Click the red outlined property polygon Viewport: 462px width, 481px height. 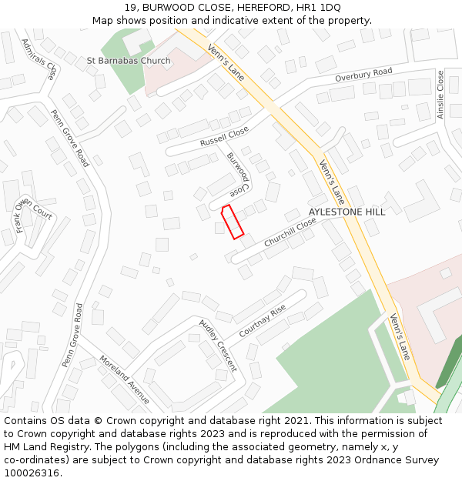point(233,222)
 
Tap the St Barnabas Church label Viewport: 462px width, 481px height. point(129,61)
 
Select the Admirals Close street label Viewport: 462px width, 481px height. point(39,60)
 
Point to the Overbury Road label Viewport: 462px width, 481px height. point(363,75)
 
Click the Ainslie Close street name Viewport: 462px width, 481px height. point(440,95)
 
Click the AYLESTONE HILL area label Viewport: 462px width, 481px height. point(346,212)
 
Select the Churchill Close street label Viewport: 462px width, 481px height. point(290,232)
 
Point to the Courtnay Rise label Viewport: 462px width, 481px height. point(263,321)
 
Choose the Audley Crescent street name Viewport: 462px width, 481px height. point(218,345)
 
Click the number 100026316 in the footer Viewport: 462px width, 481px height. point(32,473)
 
